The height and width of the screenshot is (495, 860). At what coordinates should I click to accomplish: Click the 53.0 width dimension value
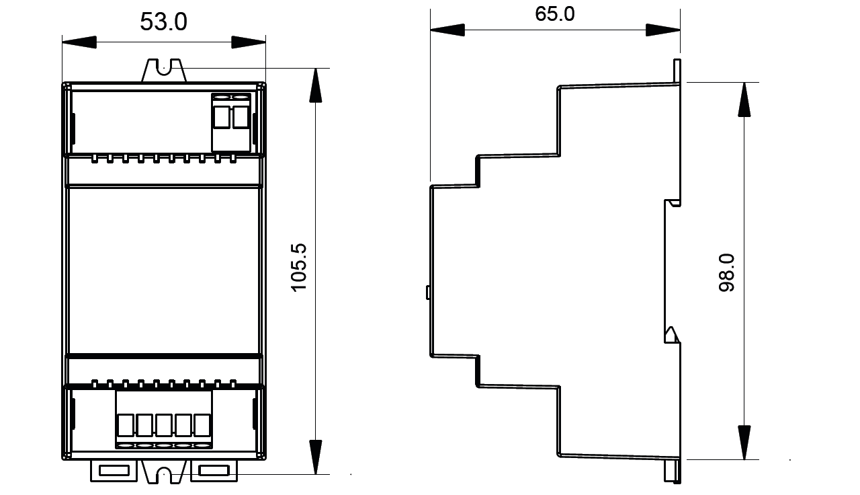tap(163, 22)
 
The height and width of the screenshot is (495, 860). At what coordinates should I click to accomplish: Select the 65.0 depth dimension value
tap(554, 13)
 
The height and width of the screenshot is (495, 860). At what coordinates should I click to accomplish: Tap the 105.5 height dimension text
tap(299, 267)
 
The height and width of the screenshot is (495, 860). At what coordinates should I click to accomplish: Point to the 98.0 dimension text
tap(727, 272)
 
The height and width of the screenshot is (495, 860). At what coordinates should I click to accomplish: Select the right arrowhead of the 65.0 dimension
tap(663, 30)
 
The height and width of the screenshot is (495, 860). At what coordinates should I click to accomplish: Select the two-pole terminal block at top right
tap(232, 121)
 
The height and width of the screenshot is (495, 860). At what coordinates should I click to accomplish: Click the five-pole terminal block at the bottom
tap(163, 419)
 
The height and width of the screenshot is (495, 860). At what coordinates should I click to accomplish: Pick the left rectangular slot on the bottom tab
tap(115, 471)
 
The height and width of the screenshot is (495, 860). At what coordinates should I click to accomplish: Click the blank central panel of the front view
tap(163, 269)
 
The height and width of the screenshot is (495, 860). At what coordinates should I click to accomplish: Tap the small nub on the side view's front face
tap(428, 292)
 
